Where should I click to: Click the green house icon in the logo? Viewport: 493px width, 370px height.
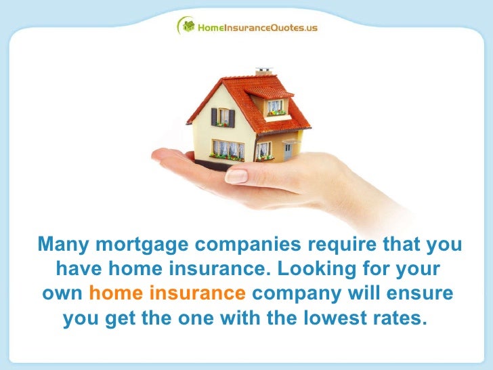[185, 26]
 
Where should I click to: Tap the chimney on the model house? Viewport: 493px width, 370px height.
[263, 71]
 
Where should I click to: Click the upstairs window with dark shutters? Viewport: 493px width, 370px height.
[223, 117]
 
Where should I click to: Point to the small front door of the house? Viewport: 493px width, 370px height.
[288, 150]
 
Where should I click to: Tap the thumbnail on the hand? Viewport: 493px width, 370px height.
[236, 176]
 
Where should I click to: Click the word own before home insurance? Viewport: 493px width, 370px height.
[63, 294]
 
